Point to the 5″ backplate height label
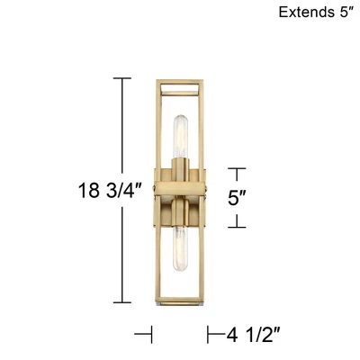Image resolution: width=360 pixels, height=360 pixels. [237, 197]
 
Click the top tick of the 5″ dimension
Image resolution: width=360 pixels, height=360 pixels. [236, 167]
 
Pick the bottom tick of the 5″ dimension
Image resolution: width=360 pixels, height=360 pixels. [236, 226]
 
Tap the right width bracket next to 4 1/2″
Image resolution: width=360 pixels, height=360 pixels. [209, 335]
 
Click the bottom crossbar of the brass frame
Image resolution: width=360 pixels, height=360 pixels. [180, 302]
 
